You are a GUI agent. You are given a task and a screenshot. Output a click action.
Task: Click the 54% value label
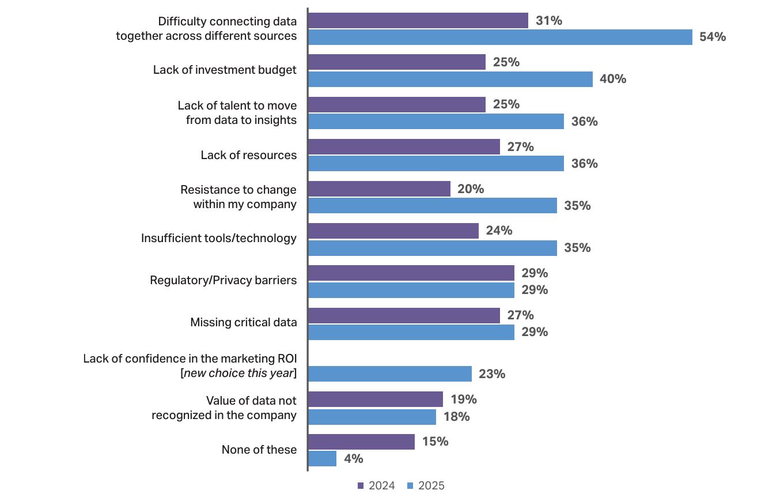tap(713, 37)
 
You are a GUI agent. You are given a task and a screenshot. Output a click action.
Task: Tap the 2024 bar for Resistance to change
tap(379, 188)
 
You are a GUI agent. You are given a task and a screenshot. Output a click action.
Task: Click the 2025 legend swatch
tap(411, 485)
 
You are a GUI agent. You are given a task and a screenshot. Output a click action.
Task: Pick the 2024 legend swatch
tap(361, 485)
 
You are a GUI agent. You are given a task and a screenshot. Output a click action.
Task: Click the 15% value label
tap(435, 442)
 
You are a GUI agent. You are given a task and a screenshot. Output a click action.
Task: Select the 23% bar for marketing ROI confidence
tap(390, 374)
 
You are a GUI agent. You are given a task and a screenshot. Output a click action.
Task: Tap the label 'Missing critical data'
tap(244, 322)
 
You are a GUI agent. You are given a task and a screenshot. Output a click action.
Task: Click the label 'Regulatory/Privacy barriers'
tap(224, 280)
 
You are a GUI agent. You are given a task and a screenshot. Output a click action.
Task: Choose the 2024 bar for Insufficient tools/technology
tap(393, 231)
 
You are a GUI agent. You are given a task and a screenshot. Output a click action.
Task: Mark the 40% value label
tap(613, 79)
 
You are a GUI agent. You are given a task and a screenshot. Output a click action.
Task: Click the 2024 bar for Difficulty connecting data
tap(418, 21)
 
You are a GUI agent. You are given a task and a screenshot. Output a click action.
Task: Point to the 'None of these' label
tap(259, 450)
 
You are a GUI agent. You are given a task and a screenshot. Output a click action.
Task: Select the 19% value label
tap(464, 399)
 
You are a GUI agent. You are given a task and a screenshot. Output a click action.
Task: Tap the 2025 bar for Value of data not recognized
tap(372, 417)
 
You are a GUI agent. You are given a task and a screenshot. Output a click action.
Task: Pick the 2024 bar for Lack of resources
tap(404, 146)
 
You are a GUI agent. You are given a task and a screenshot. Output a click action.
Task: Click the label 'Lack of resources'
tap(249, 155)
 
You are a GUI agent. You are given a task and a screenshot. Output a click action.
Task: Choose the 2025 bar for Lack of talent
tap(436, 122)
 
